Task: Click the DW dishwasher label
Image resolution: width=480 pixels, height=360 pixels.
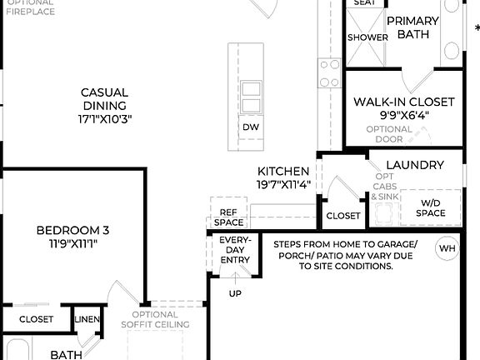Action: [x=251, y=127]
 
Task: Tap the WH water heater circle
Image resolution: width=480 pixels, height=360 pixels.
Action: [x=447, y=248]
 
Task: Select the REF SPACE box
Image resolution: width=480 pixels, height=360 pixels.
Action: [x=229, y=217]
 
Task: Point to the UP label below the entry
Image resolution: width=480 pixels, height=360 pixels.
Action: [x=236, y=293]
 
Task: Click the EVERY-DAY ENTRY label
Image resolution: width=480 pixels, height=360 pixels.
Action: [x=235, y=250]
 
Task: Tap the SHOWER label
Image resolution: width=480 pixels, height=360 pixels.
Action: [x=367, y=37]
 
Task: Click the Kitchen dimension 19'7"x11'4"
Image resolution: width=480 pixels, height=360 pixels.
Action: [x=283, y=185]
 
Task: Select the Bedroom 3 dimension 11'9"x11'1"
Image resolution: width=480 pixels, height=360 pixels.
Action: [x=72, y=245]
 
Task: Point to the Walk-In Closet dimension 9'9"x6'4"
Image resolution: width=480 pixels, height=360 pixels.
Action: [x=403, y=116]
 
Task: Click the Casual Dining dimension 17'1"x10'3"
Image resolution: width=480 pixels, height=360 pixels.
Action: [x=104, y=119]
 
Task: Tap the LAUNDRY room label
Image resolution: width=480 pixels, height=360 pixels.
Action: [x=415, y=165]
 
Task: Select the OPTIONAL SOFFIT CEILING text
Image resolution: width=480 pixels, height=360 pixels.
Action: [x=155, y=319]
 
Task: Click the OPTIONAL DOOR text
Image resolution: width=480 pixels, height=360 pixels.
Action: [x=389, y=134]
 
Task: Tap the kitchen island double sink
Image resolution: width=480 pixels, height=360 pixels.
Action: [x=251, y=91]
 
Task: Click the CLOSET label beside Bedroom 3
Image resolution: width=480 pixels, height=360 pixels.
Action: [x=36, y=319]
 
